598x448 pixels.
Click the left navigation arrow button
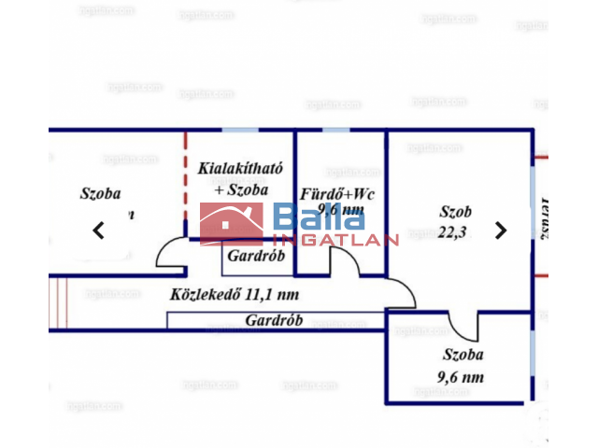[x=98, y=231]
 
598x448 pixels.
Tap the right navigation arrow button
[x=501, y=231]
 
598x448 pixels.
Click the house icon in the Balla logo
[x=233, y=224]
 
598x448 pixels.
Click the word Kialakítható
[x=240, y=169]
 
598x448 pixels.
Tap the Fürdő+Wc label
[x=337, y=194]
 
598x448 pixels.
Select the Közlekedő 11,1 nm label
[x=235, y=295]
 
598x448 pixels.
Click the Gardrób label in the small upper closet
[x=249, y=256]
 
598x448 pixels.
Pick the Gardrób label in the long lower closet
[x=274, y=320]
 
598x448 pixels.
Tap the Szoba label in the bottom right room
[x=463, y=356]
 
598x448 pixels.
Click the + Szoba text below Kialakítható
[x=241, y=189]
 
